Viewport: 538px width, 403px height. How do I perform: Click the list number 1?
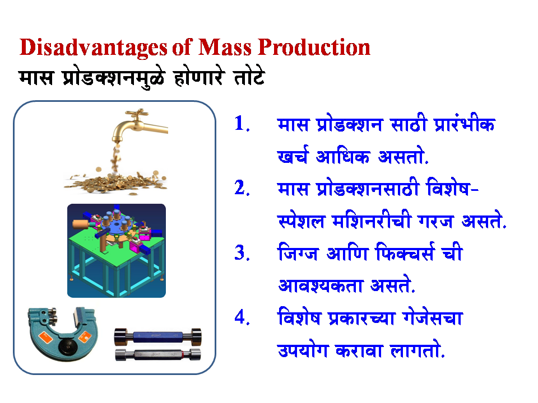(241, 124)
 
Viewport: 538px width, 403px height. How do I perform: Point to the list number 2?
(241, 189)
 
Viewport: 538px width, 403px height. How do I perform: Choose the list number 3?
(241, 253)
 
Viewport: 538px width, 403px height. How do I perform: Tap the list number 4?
(241, 317)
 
